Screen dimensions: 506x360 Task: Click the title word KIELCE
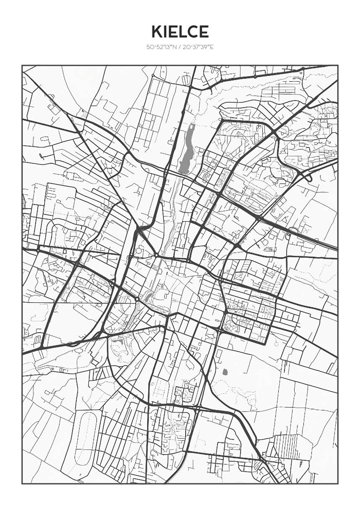point(180,31)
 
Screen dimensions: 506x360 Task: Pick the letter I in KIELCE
point(165,31)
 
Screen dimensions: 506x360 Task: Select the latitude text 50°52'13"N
point(161,47)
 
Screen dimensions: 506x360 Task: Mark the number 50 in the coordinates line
point(150,47)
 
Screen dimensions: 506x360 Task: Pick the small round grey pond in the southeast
point(224,371)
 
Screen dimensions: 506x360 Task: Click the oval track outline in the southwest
point(86,437)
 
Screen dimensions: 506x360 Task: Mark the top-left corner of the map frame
point(22,65)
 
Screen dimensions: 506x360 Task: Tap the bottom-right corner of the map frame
point(338,483)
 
